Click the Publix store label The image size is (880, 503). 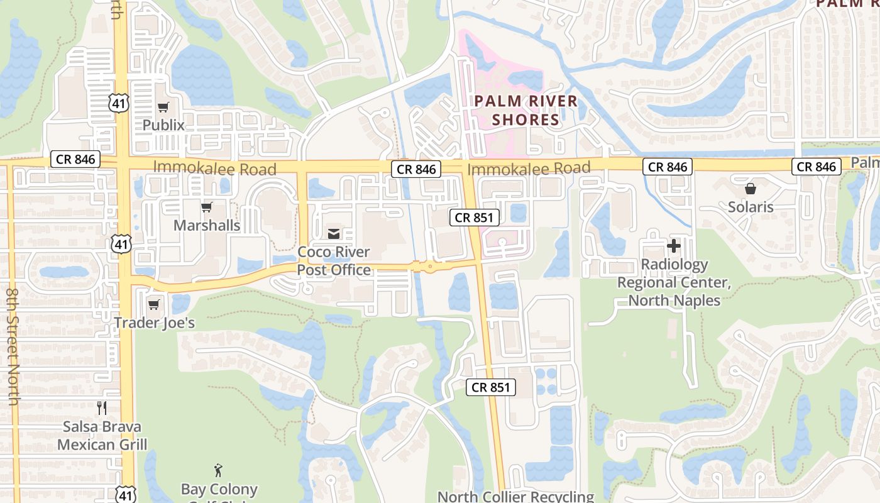click(x=163, y=125)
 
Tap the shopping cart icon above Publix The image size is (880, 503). click(x=163, y=108)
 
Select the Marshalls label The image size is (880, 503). click(x=207, y=225)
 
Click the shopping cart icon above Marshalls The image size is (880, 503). click(x=207, y=207)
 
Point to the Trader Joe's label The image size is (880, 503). click(x=155, y=323)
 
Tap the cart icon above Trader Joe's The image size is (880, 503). click(x=154, y=305)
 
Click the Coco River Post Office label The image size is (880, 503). click(x=334, y=261)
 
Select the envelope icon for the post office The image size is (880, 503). click(x=334, y=234)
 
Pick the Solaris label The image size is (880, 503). click(x=751, y=207)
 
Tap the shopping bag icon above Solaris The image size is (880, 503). click(x=751, y=189)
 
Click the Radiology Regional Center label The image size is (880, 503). click(x=674, y=282)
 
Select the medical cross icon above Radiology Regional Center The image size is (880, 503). click(x=674, y=246)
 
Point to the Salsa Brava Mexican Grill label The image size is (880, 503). click(x=102, y=436)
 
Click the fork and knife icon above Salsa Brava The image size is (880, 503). click(x=102, y=408)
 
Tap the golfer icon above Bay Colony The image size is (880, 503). click(x=219, y=470)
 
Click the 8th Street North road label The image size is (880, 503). click(x=12, y=345)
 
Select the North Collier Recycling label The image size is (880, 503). click(x=515, y=497)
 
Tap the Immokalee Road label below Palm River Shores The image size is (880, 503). click(x=529, y=168)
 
